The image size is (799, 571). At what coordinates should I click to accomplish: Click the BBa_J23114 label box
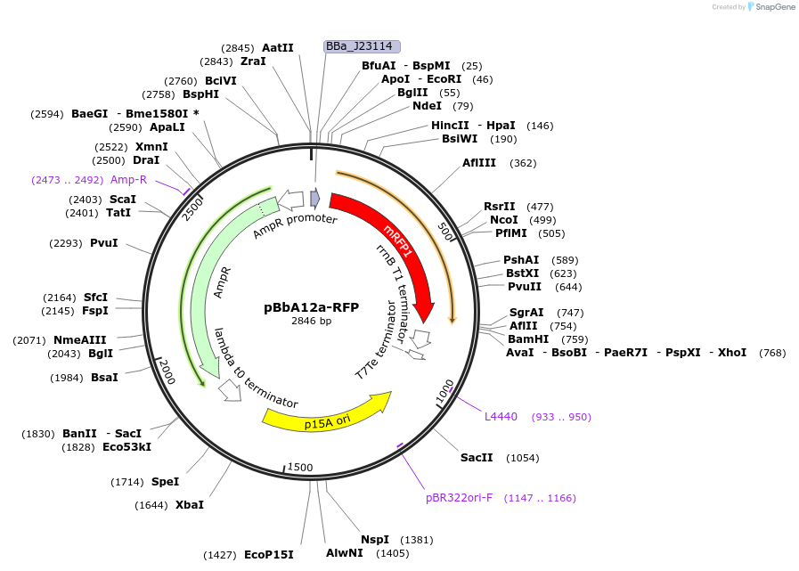click(362, 46)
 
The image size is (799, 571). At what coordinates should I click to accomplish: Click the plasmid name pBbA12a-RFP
click(311, 307)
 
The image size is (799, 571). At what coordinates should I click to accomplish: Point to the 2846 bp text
click(311, 321)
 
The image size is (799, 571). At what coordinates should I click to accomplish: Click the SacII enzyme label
click(477, 458)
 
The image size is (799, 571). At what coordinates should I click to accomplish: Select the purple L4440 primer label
click(501, 417)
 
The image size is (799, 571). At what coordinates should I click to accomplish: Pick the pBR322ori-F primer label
click(459, 498)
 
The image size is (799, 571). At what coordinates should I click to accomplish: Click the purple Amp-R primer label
click(128, 180)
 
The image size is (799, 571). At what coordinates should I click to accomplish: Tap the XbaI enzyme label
click(189, 505)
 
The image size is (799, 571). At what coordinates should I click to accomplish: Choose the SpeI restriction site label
click(165, 482)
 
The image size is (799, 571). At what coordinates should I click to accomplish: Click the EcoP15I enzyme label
click(268, 555)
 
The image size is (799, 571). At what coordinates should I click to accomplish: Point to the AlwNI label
click(343, 553)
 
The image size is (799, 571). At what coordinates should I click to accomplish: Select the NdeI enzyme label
click(427, 106)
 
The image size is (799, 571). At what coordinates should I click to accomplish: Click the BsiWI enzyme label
click(460, 139)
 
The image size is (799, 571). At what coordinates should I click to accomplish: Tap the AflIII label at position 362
click(480, 163)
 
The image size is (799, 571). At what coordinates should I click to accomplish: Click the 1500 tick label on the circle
click(300, 468)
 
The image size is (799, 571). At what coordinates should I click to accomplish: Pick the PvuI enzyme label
click(103, 242)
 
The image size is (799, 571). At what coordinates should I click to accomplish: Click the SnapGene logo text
click(774, 7)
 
